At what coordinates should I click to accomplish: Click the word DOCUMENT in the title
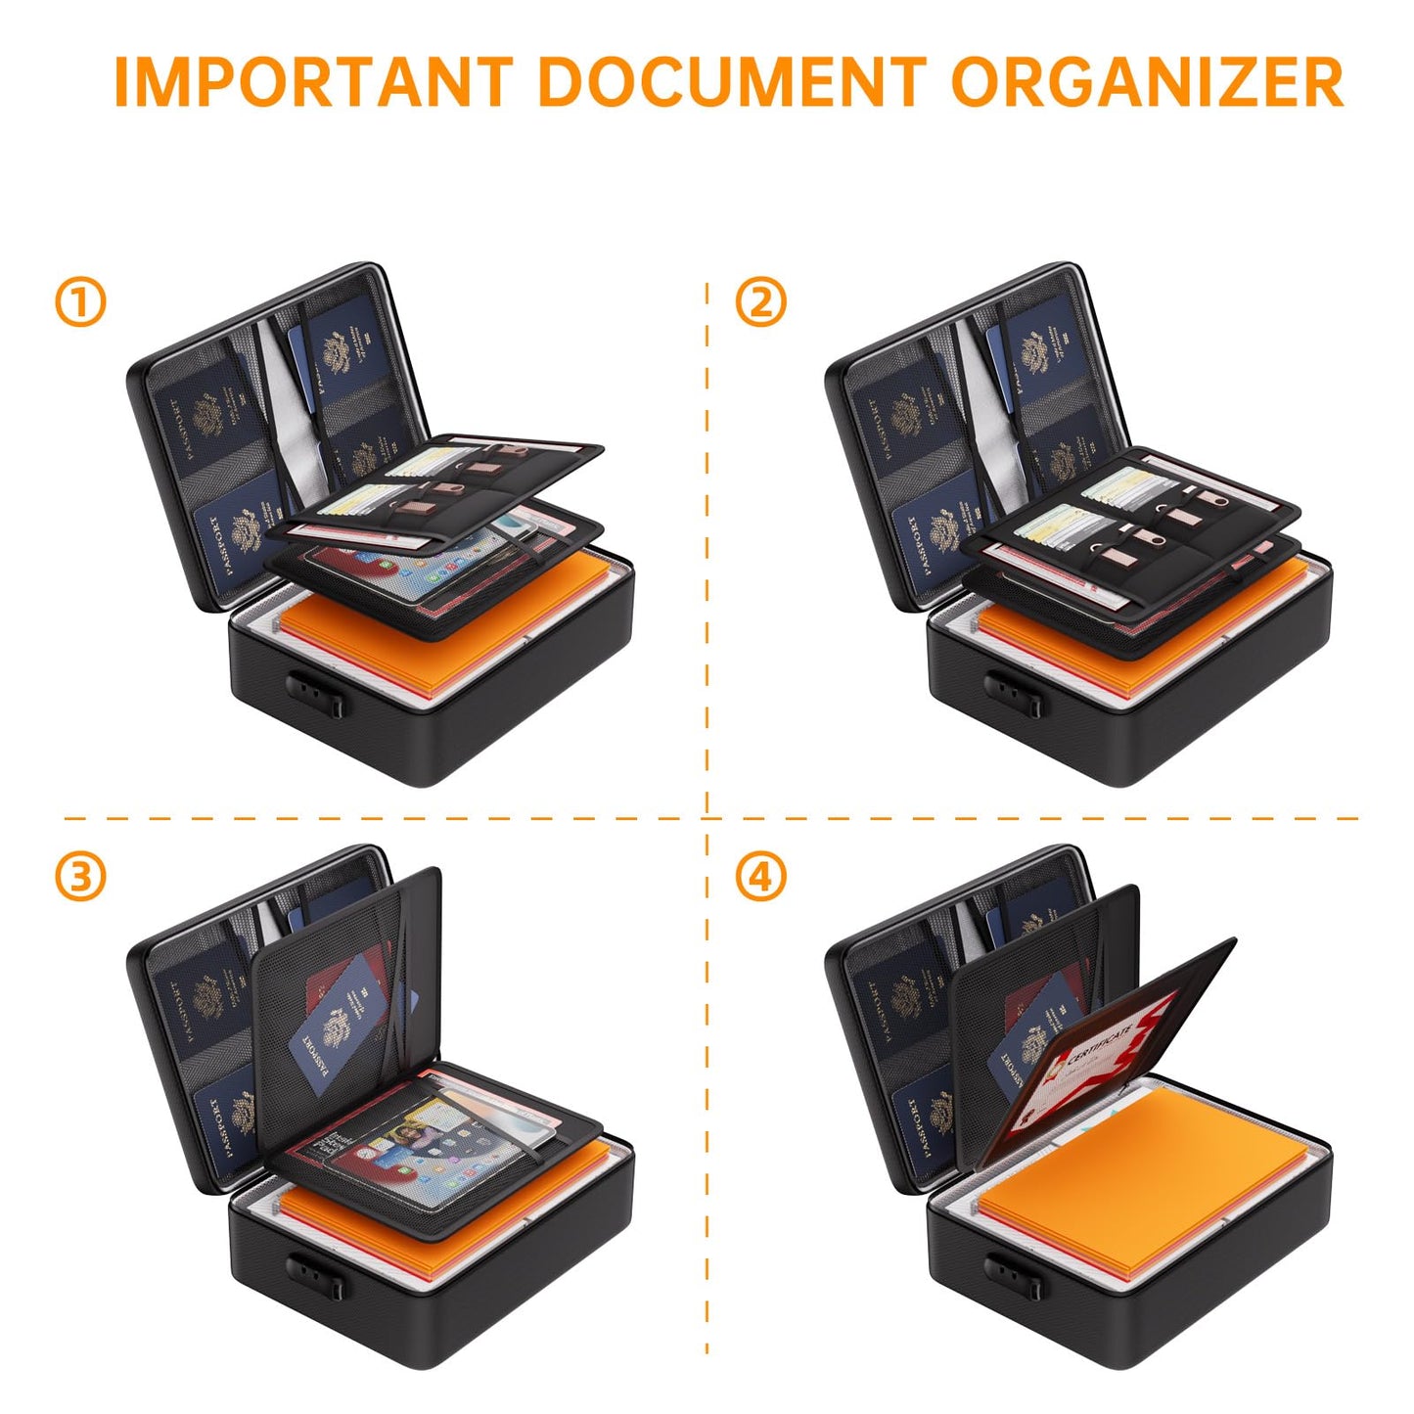[732, 82]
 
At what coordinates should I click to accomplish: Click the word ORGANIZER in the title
[1147, 82]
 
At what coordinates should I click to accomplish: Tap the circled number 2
[760, 302]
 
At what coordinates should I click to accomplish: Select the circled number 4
[760, 877]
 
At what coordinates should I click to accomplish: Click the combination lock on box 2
[1015, 693]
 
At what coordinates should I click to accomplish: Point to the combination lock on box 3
[316, 1272]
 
